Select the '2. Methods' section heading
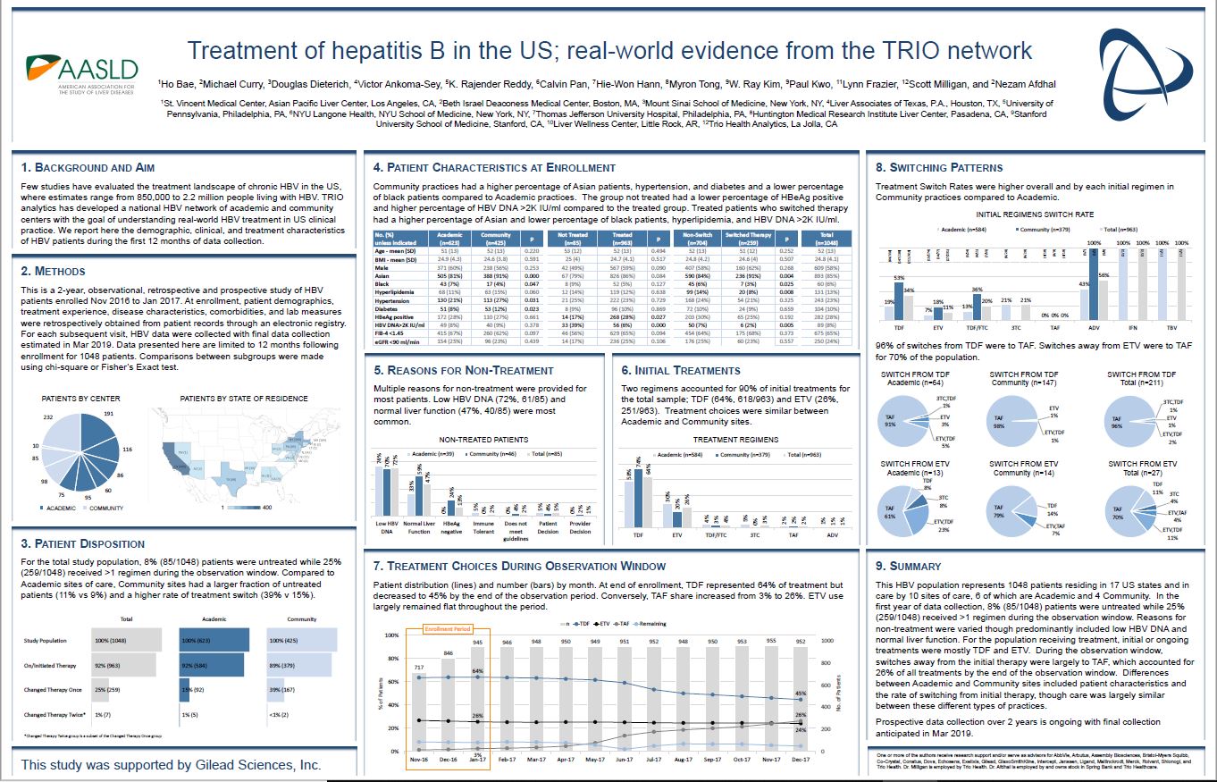[54, 271]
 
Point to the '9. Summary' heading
[909, 566]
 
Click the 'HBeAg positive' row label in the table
[393, 315]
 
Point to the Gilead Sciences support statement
[171, 765]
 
